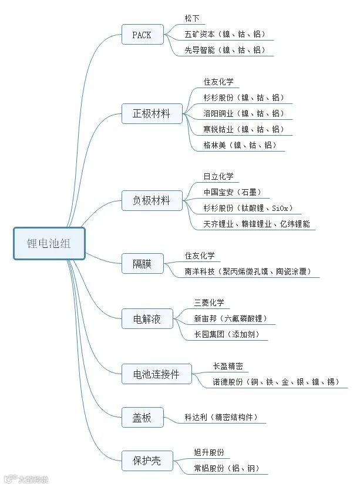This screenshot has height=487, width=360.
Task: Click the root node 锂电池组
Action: (x=49, y=243)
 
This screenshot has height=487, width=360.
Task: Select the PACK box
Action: (x=142, y=35)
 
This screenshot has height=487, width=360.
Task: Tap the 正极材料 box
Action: (x=152, y=113)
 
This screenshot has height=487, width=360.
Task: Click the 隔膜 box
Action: (x=142, y=264)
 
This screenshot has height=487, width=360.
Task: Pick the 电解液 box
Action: (x=147, y=320)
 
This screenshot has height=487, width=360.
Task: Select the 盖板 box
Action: (x=142, y=418)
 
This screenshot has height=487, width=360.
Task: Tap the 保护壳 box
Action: (x=147, y=462)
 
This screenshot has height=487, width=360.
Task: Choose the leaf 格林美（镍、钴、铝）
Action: (x=239, y=145)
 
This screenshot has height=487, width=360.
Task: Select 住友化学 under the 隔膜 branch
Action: (x=200, y=256)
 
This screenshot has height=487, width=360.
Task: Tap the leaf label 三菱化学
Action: (x=209, y=303)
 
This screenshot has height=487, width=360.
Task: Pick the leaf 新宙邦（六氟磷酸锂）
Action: (x=230, y=319)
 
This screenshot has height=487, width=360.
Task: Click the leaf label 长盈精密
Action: (x=227, y=366)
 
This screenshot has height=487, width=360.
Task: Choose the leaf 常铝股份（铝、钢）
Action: (x=227, y=469)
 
